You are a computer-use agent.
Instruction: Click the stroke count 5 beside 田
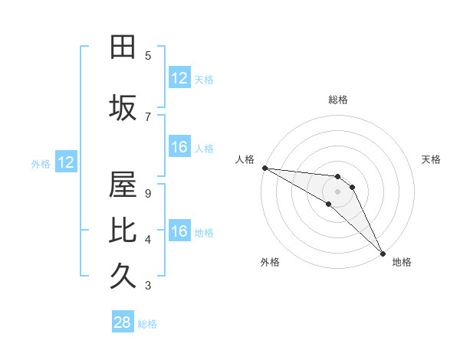tap(148, 56)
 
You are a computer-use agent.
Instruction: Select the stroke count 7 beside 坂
tap(148, 116)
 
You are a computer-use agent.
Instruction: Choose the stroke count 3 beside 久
tap(148, 286)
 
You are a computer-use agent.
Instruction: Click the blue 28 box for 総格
tap(122, 322)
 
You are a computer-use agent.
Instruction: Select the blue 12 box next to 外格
tap(65, 162)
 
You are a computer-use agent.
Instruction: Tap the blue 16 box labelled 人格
tap(179, 147)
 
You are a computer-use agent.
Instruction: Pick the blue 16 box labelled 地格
tap(179, 231)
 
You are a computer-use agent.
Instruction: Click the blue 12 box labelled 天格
tap(179, 78)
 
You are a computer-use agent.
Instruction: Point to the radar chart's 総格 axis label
tap(338, 100)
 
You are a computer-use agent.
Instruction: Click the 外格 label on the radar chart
tap(270, 262)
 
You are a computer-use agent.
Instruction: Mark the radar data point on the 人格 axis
tap(264, 168)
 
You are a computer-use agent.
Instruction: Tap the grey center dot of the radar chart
tap(338, 191)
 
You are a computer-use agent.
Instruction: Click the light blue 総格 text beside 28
tap(147, 324)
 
